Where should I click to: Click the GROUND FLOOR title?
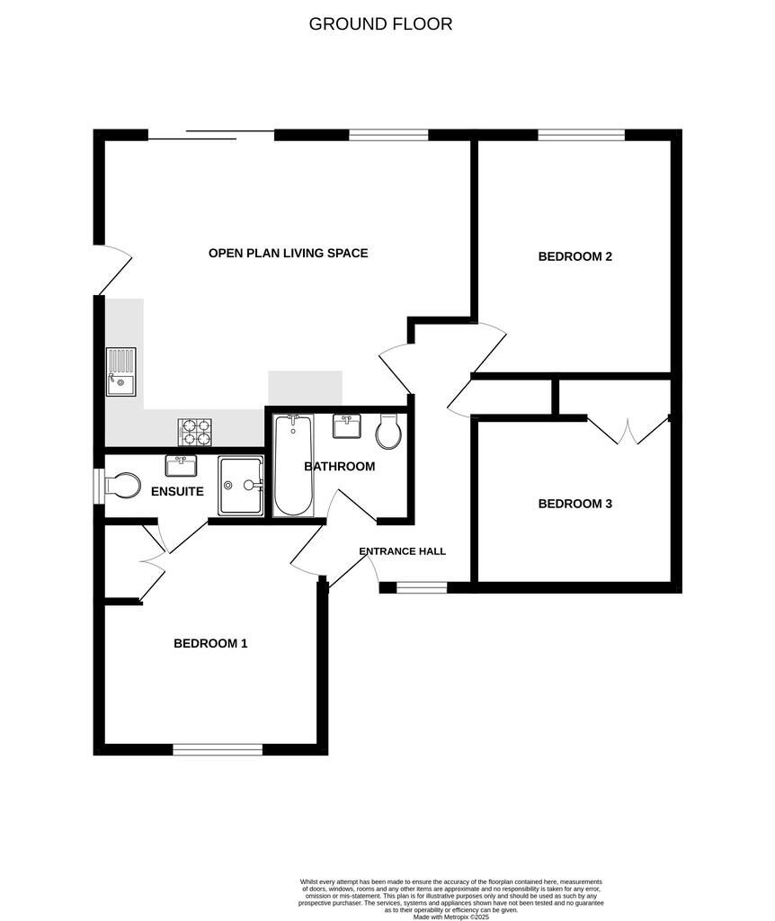pyautogui.click(x=380, y=24)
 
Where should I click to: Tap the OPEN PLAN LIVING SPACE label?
pyautogui.click(x=288, y=253)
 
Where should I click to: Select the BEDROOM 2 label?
pyautogui.click(x=575, y=256)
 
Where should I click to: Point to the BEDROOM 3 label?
pyautogui.click(x=575, y=504)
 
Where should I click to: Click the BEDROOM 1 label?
pyautogui.click(x=210, y=643)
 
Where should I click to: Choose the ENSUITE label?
pyautogui.click(x=177, y=491)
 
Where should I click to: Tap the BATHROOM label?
pyautogui.click(x=339, y=466)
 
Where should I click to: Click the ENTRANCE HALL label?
pyautogui.click(x=402, y=551)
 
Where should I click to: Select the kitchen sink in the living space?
pyautogui.click(x=120, y=371)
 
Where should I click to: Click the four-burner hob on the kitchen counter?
pyautogui.click(x=195, y=433)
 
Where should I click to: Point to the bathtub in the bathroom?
pyautogui.click(x=292, y=465)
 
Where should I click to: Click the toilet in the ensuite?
pyautogui.click(x=121, y=486)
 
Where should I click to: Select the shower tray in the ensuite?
pyautogui.click(x=241, y=486)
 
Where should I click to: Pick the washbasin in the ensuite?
pyautogui.click(x=181, y=465)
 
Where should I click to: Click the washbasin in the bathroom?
pyautogui.click(x=347, y=425)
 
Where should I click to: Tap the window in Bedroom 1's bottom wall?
pyautogui.click(x=218, y=749)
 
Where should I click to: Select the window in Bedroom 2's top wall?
pyautogui.click(x=581, y=135)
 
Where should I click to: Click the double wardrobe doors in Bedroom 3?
pyautogui.click(x=629, y=430)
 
